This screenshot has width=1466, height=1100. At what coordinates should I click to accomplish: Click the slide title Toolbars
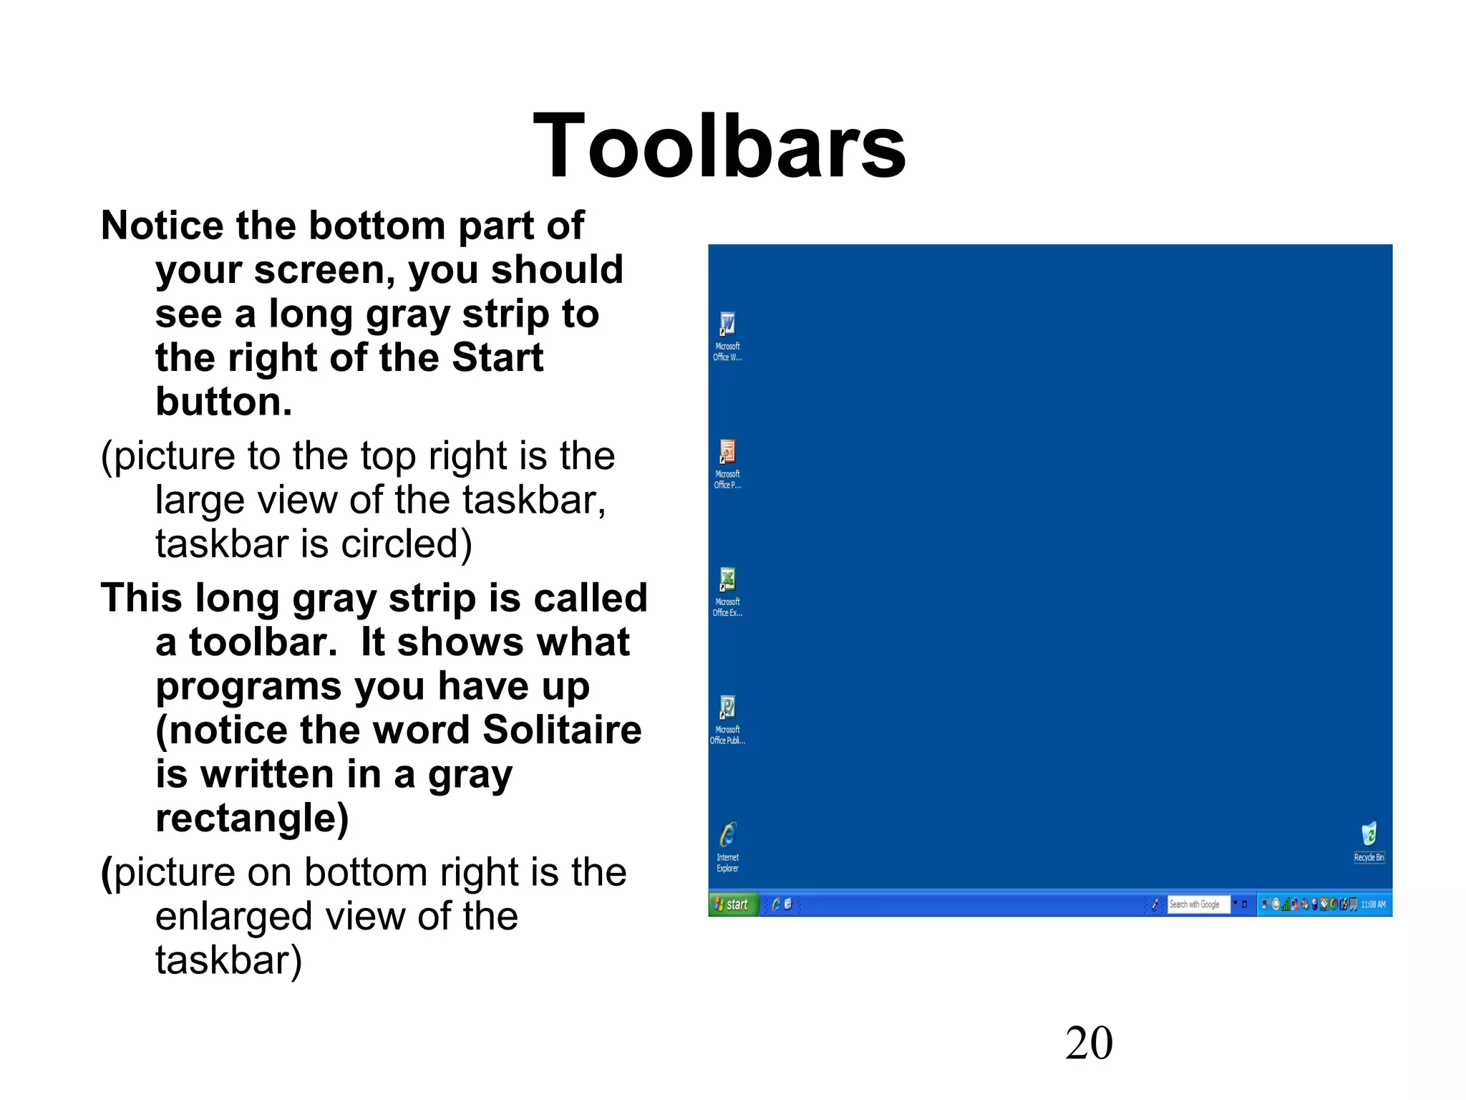tap(719, 146)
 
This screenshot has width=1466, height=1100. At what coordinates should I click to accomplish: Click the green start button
tap(732, 904)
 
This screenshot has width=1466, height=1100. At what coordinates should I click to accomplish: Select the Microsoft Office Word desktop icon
tap(727, 325)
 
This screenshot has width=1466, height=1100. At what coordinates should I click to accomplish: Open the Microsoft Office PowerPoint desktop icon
tap(727, 453)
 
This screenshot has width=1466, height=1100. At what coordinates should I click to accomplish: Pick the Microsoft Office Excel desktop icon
tap(727, 580)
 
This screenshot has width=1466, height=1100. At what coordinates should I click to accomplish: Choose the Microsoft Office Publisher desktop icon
tap(727, 708)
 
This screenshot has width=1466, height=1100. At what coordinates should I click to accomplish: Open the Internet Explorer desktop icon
tap(727, 835)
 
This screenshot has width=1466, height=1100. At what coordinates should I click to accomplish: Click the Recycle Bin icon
tap(1369, 835)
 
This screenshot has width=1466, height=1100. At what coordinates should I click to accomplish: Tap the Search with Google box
tap(1198, 904)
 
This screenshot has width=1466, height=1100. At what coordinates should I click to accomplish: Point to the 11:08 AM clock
tap(1373, 904)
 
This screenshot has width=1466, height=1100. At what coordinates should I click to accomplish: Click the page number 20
tap(1089, 1043)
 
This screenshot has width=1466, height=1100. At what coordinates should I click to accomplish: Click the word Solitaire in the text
tap(562, 730)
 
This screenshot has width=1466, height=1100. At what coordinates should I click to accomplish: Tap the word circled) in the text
tap(407, 544)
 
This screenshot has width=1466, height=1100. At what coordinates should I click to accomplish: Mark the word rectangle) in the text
tap(252, 818)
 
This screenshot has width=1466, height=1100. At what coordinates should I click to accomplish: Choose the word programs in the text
tap(248, 686)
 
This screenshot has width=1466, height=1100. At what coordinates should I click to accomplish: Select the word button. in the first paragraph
tap(224, 402)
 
